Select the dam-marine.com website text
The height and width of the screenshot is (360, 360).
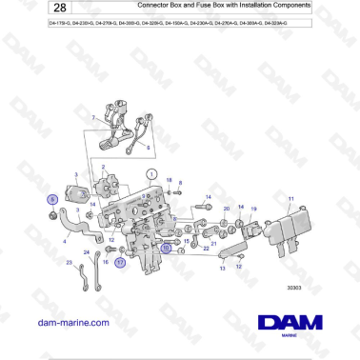tap(72, 323)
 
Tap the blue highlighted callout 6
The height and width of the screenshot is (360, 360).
tap(53, 201)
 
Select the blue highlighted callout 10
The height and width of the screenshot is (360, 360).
tap(165, 246)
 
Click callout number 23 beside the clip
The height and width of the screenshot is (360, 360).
tap(69, 262)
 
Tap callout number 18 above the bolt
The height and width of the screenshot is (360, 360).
tap(168, 180)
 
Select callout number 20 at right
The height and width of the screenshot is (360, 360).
tap(226, 209)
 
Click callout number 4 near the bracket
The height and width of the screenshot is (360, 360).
tap(65, 242)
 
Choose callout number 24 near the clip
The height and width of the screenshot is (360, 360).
tap(86, 252)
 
